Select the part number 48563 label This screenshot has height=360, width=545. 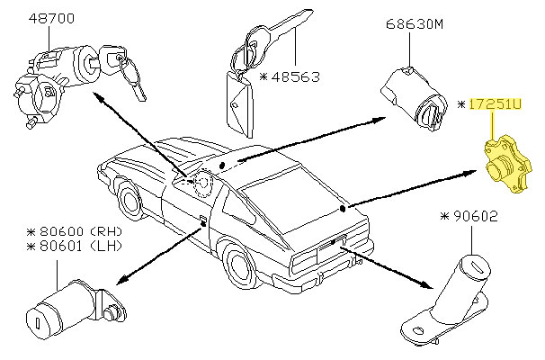click(x=294, y=77)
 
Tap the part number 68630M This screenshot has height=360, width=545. click(x=415, y=25)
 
